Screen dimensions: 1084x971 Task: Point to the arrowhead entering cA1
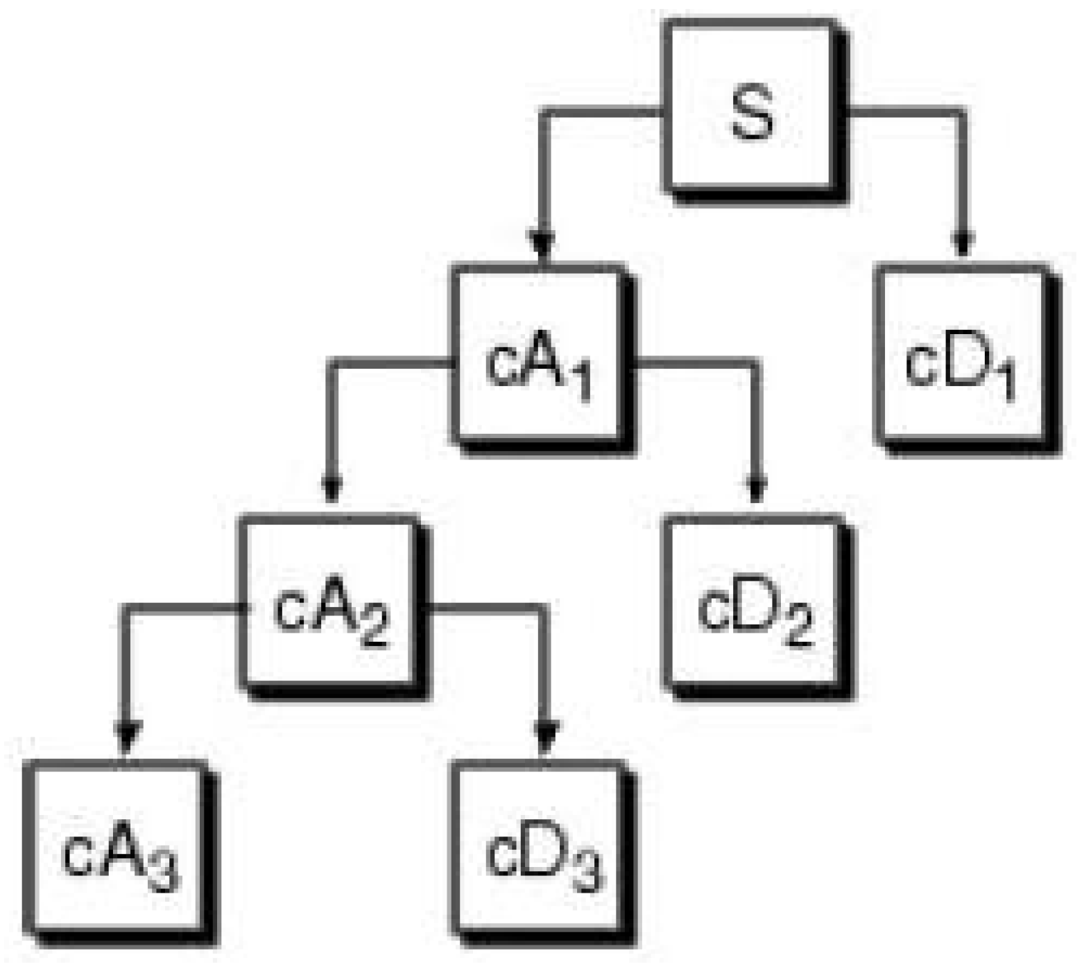tap(542, 244)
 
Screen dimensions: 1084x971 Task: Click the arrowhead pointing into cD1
tap(961, 243)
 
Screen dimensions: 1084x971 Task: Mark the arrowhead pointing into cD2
tap(757, 489)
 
